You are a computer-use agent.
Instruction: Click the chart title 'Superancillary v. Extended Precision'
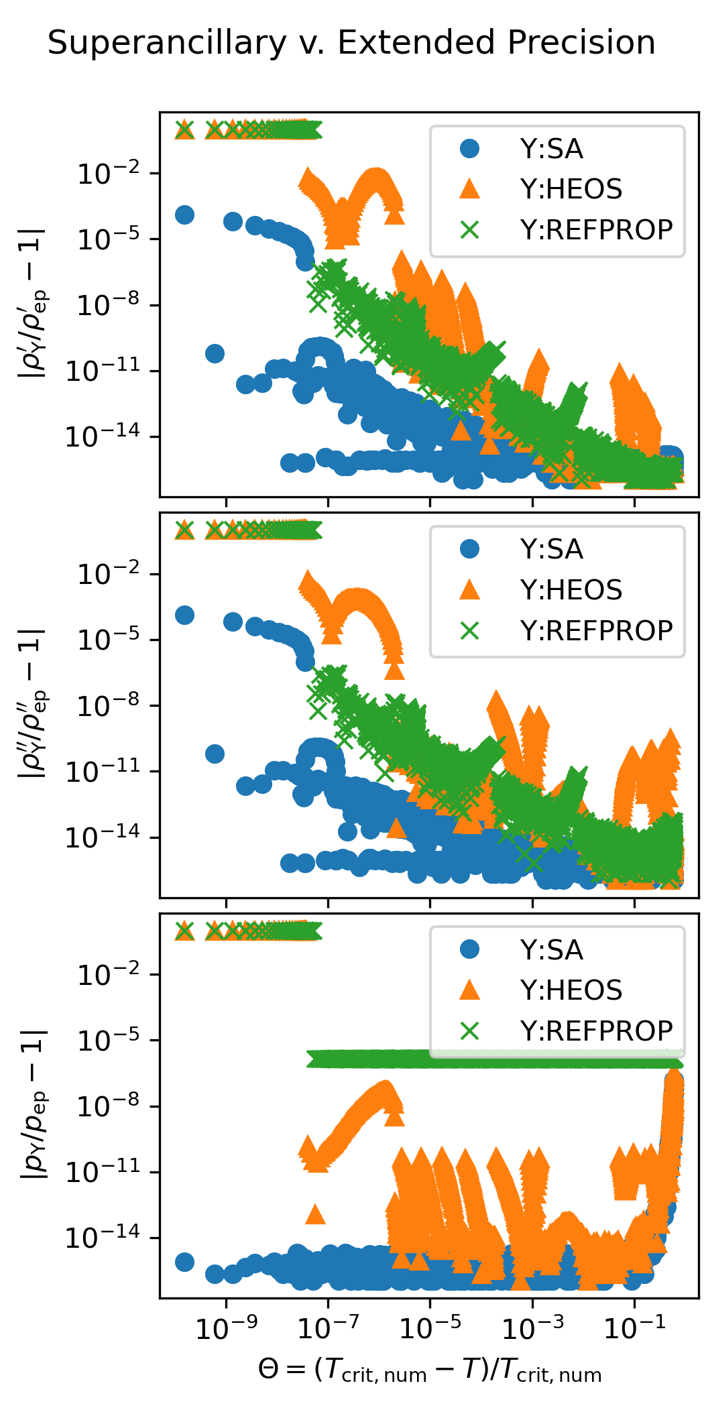351,43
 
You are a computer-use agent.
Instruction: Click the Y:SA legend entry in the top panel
551,149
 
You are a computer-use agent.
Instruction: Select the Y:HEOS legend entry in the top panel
571,189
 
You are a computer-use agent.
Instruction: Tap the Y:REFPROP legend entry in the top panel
595,229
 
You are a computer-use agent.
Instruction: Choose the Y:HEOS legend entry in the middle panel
571,590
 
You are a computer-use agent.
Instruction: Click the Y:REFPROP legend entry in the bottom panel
595,1031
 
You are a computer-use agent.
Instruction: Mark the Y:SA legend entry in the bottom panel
551,950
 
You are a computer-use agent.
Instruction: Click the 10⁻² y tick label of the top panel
109,174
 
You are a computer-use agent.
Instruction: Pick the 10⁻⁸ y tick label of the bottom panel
109,1106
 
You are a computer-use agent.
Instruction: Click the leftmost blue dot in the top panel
184,215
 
